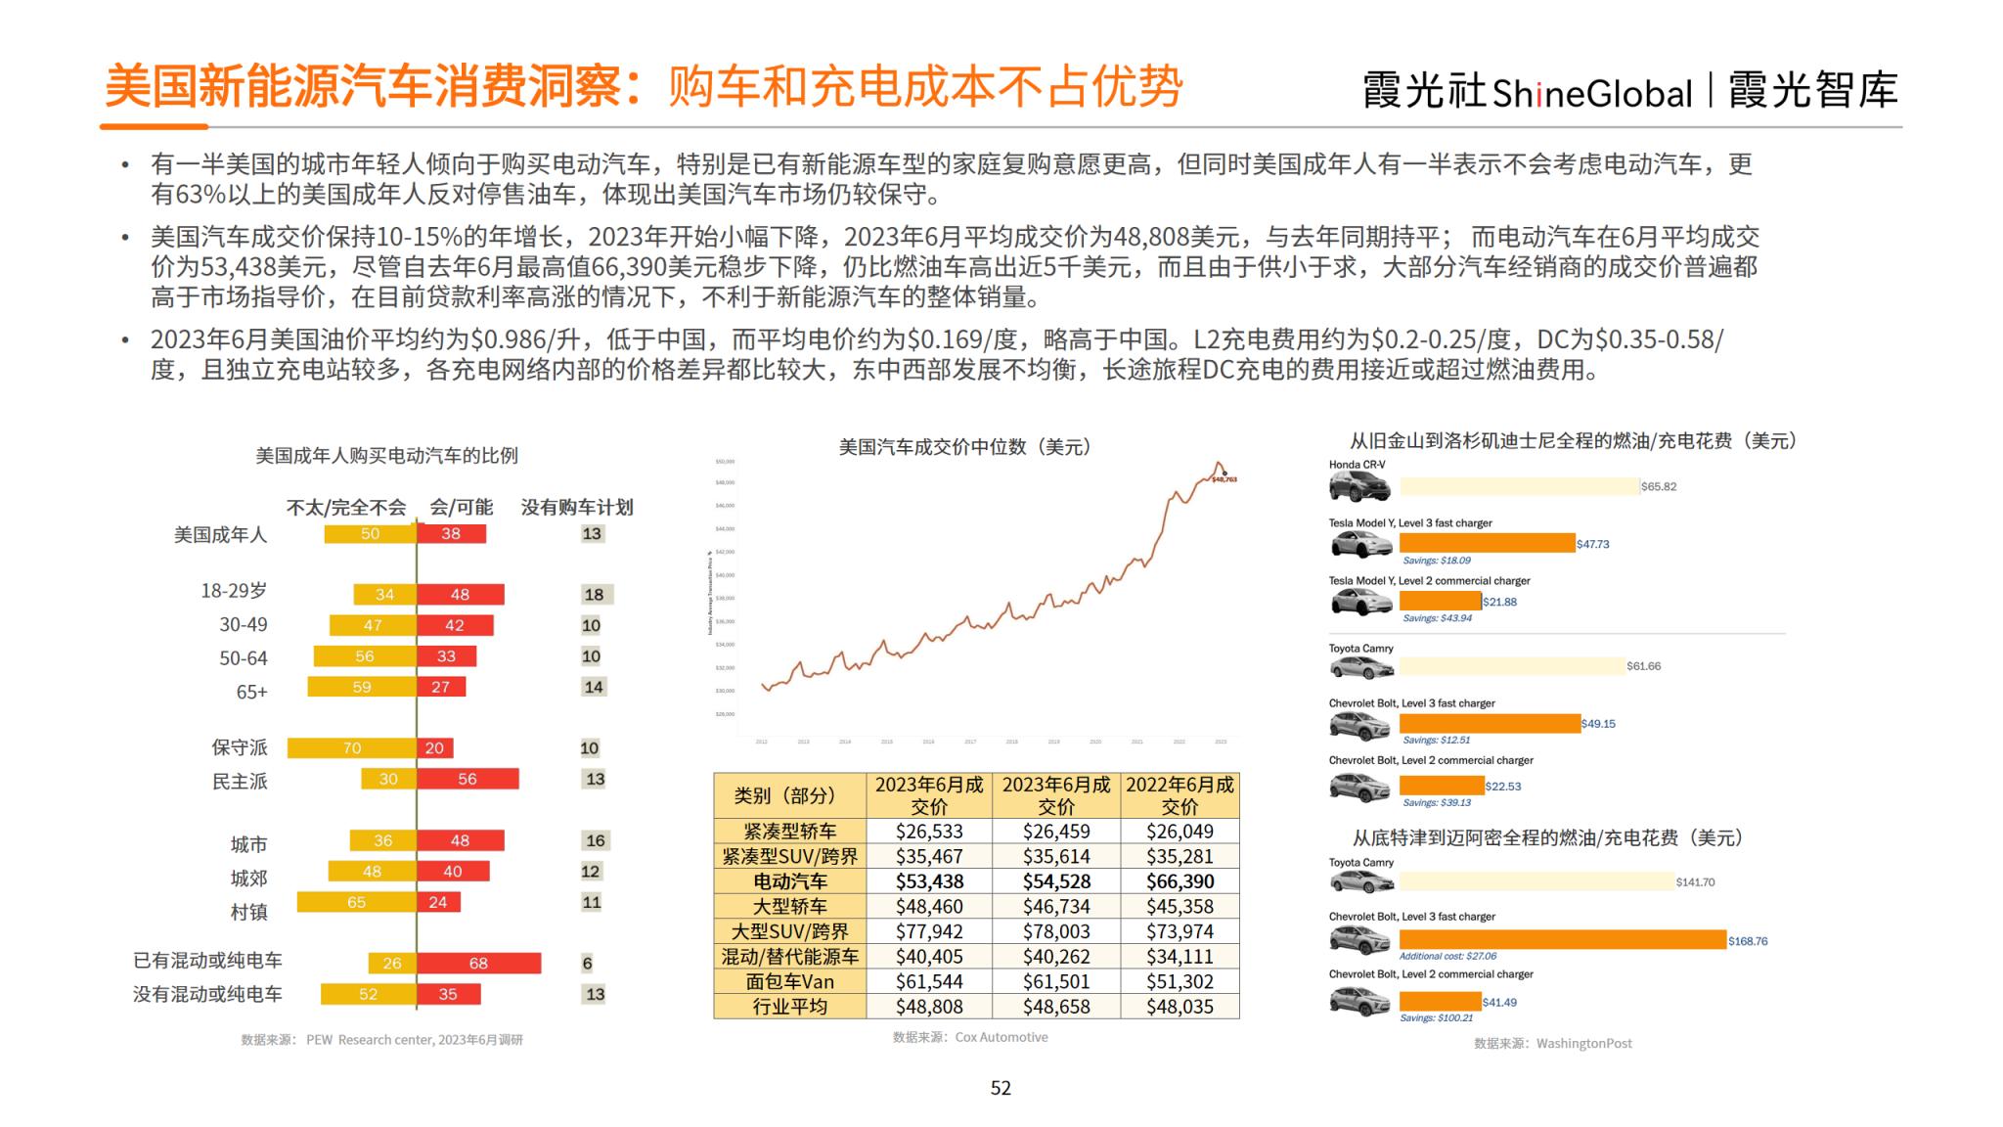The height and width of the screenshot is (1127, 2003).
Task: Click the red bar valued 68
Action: [x=478, y=963]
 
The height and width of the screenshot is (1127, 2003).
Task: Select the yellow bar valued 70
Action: [x=352, y=748]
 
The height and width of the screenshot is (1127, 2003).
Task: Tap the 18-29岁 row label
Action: [x=234, y=591]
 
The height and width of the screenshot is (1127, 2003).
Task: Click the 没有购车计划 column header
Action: [x=576, y=507]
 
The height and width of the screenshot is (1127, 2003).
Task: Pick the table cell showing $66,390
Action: [x=1180, y=881]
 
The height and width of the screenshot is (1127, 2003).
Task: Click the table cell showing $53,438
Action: [x=929, y=881]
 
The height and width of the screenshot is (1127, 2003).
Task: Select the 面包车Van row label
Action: [x=789, y=981]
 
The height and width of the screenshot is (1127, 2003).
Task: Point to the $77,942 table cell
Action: [x=929, y=931]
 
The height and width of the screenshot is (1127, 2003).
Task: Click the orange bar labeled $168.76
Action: [x=1562, y=939]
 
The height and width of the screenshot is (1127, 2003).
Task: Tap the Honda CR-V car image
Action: [x=1359, y=485]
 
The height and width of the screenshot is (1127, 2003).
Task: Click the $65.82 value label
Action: [x=1659, y=486]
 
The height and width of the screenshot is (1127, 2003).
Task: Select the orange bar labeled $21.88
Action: [x=1440, y=601]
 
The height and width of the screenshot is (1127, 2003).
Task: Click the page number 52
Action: [x=1001, y=1088]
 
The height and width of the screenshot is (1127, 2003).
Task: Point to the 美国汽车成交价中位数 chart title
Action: [x=964, y=447]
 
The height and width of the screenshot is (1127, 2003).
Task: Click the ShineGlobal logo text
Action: [x=1591, y=93]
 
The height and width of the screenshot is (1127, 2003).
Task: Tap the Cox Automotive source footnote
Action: [x=970, y=1037]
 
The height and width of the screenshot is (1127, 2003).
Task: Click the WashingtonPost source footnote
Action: [x=1553, y=1044]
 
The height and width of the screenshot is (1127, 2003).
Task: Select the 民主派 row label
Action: [x=240, y=781]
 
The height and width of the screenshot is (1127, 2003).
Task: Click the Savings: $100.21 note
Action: [x=1436, y=1018]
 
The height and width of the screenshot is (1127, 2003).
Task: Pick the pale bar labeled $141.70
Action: [x=1536, y=881]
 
